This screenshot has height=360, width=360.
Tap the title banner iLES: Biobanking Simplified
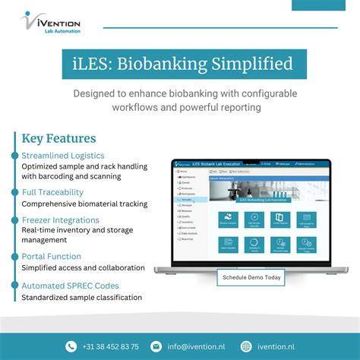(180, 65)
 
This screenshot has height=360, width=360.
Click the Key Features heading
(58, 139)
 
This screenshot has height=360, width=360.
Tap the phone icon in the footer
(71, 346)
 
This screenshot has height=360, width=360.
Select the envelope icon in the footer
(156, 346)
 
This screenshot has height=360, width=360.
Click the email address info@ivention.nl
(197, 346)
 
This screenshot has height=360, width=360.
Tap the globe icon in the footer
(246, 346)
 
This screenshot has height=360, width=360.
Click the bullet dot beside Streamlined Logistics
(14, 156)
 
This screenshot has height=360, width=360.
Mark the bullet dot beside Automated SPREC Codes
(14, 285)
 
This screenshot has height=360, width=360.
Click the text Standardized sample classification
(81, 298)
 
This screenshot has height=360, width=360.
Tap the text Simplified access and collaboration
(83, 267)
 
